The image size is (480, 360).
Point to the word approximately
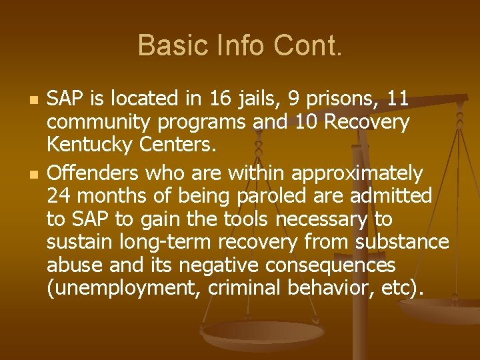click(x=354, y=173)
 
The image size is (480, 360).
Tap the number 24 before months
click(x=58, y=196)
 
